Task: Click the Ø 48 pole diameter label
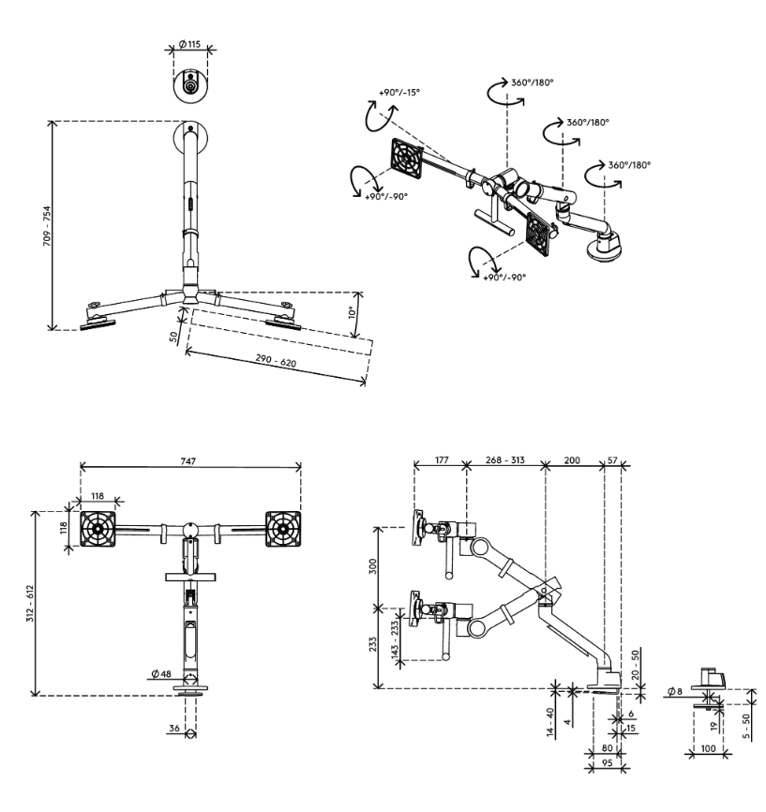[x=160, y=673]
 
